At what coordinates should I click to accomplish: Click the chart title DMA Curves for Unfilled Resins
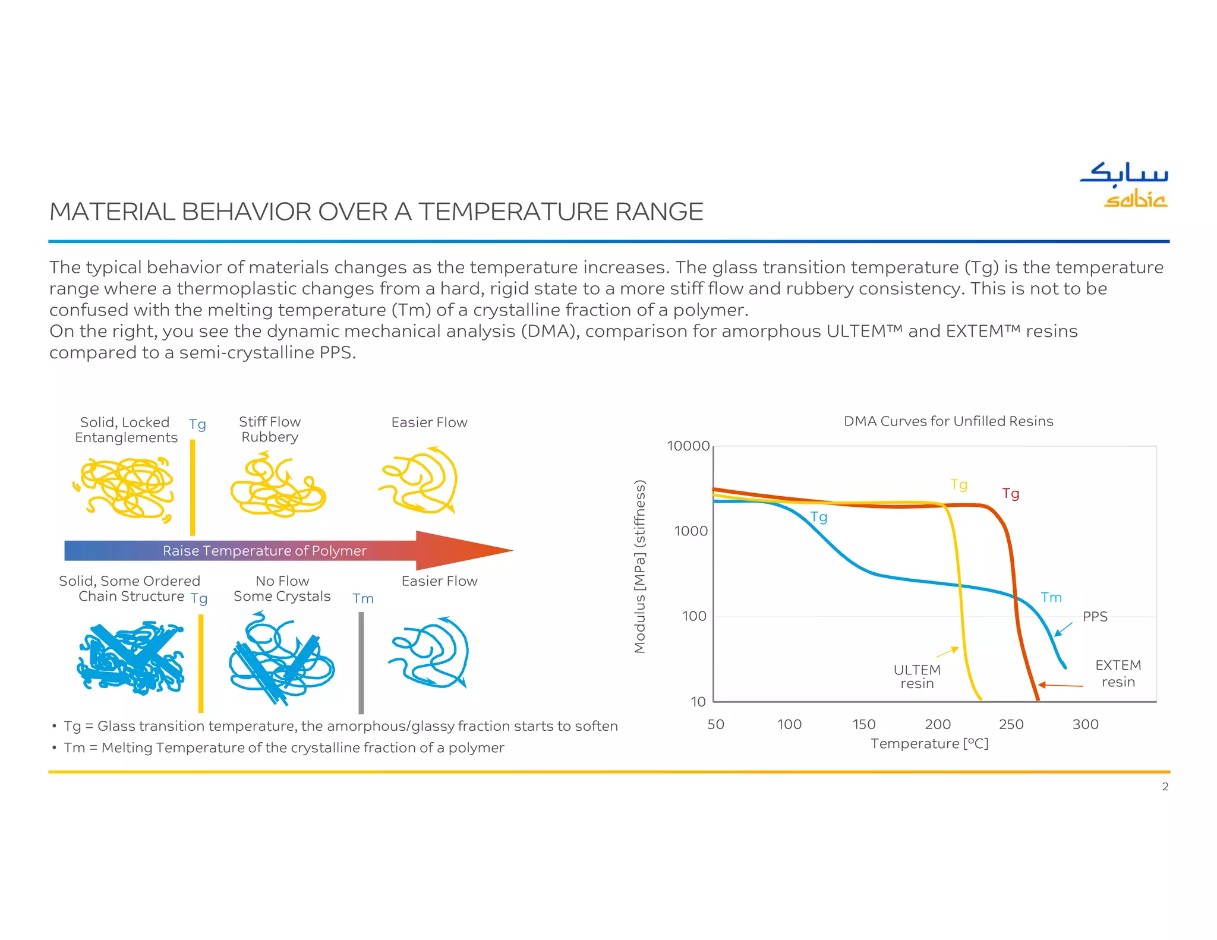point(948,421)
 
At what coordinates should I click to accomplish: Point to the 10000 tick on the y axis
point(688,446)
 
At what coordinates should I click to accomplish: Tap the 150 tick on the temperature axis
point(863,724)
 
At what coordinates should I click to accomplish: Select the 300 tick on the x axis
point(1085,724)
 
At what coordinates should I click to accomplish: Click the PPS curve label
point(1095,617)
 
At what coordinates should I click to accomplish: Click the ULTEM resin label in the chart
point(917,677)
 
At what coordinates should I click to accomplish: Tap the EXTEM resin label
point(1118,674)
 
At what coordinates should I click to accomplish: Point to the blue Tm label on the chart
point(1051,598)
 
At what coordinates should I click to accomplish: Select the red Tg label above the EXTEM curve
point(1010,494)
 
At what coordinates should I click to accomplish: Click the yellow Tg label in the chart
point(959,485)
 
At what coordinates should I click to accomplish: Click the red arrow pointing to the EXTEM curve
point(1061,685)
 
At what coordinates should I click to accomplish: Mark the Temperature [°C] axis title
point(929,744)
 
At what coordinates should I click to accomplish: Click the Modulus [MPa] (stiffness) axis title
point(640,566)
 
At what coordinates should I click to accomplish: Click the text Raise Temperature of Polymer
point(264,551)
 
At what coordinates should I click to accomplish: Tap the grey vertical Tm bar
point(361,663)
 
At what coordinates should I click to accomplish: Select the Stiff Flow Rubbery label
point(270,430)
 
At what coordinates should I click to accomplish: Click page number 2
point(1165,787)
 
